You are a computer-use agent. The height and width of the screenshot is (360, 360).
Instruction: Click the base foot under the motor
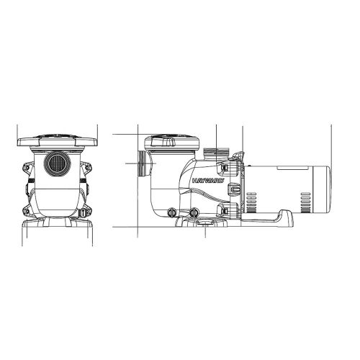(x=274, y=217)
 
